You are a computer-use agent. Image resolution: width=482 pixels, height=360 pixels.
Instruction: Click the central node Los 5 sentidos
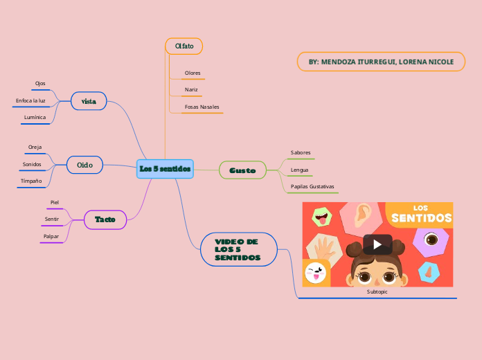click(165, 169)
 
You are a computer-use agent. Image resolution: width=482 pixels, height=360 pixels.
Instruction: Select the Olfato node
click(184, 46)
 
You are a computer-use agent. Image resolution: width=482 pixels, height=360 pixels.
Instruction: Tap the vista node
click(89, 101)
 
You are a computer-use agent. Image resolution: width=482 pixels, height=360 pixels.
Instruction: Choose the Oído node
click(84, 165)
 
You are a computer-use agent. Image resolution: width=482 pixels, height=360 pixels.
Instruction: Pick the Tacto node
click(105, 219)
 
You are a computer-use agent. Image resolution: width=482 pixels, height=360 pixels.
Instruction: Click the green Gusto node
click(242, 170)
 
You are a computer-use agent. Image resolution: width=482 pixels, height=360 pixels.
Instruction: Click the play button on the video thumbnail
click(377, 244)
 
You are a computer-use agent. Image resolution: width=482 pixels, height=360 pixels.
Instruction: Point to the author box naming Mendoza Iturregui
click(381, 62)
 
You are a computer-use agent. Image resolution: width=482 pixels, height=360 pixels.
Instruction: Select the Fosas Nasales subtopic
click(202, 107)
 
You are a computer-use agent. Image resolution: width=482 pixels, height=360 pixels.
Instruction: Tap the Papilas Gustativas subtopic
click(312, 187)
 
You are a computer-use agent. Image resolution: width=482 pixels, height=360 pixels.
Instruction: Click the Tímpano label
click(31, 181)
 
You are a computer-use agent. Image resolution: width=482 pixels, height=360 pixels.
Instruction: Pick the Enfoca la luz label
click(30, 101)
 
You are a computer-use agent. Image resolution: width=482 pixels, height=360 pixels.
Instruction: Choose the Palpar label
click(51, 236)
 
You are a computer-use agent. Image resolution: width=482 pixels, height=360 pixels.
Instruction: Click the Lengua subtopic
click(300, 170)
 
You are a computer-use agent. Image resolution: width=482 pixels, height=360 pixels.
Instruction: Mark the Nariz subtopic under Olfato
click(191, 90)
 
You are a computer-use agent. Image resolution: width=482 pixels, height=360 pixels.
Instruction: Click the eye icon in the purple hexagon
click(431, 240)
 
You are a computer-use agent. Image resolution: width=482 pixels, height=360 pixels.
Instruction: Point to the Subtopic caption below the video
click(377, 292)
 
